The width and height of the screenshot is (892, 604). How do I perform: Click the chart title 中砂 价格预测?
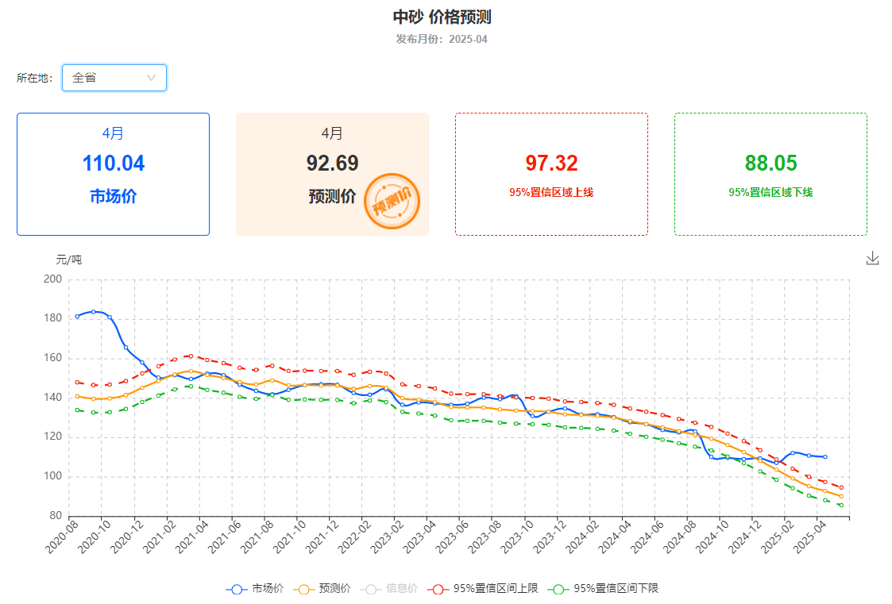(447, 17)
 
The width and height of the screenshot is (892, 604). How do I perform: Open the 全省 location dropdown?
(114, 78)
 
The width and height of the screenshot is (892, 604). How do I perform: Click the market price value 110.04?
(113, 164)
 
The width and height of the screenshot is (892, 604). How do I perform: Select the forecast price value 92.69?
(332, 164)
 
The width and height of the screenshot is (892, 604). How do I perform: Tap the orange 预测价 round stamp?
(392, 202)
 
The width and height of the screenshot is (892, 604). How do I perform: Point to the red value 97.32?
(551, 164)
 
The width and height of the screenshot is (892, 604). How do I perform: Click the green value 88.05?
(770, 164)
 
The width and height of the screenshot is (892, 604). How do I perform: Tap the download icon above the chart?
(873, 258)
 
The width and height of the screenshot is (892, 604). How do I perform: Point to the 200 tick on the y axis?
(53, 279)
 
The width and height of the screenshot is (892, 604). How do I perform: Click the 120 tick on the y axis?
(53, 437)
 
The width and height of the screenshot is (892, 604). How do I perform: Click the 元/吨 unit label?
(68, 260)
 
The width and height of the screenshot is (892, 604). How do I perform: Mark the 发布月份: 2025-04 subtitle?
(442, 39)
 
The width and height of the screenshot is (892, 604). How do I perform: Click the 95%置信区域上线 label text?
(551, 192)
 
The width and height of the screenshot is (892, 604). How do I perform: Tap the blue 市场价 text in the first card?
(113, 197)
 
